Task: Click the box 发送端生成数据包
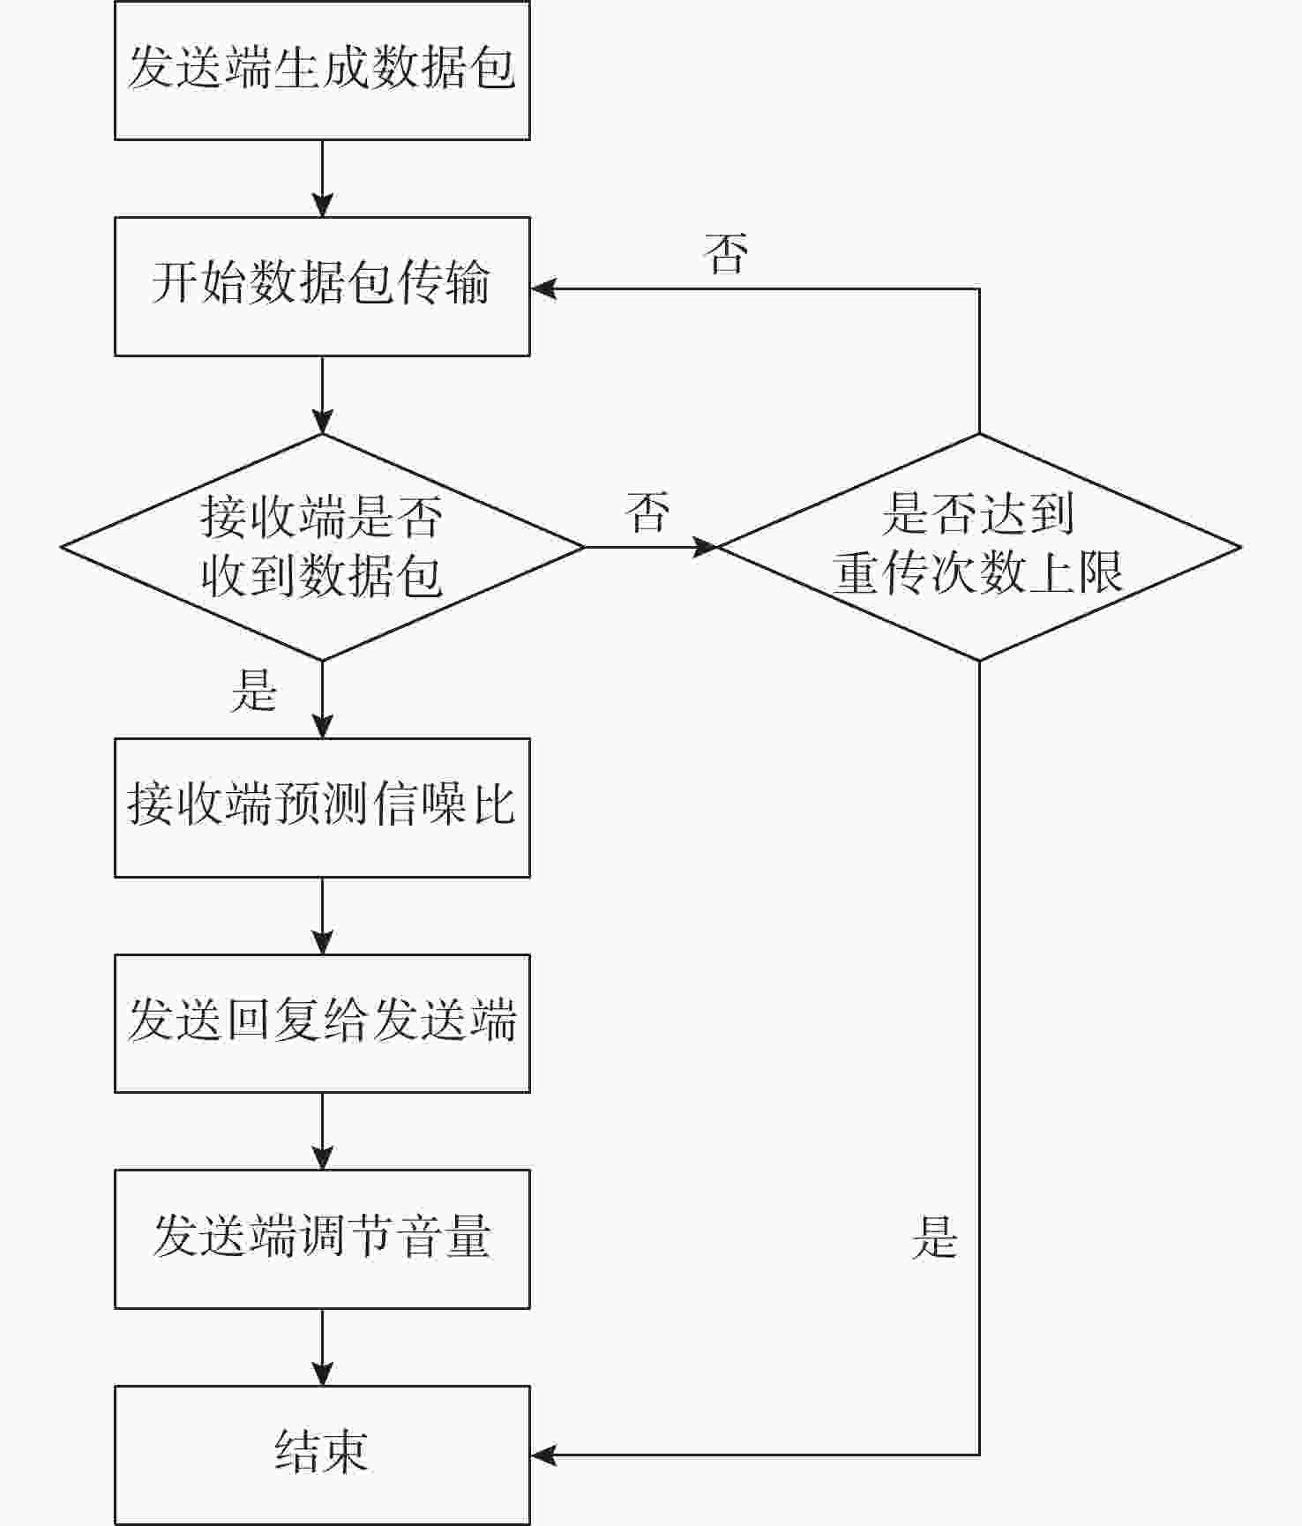click(322, 70)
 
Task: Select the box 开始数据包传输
click(322, 287)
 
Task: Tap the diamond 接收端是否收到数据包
click(323, 547)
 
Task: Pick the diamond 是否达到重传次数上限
click(979, 547)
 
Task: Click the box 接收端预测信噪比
click(322, 808)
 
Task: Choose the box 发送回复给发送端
click(322, 1023)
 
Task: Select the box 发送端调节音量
click(322, 1239)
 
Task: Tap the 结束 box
click(322, 1455)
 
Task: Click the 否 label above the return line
click(726, 254)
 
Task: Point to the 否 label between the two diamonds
click(648, 512)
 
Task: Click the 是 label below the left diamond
click(254, 690)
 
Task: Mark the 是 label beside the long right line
click(934, 1237)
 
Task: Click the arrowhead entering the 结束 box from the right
click(543, 1455)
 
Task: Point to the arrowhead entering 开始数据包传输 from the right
click(543, 288)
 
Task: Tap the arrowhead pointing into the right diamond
click(704, 547)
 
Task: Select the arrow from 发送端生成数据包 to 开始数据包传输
click(323, 178)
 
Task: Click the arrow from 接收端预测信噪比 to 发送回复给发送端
click(323, 916)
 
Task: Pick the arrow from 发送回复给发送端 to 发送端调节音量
click(323, 1132)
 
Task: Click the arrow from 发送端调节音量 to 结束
click(323, 1348)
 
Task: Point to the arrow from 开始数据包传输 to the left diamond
click(323, 395)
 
